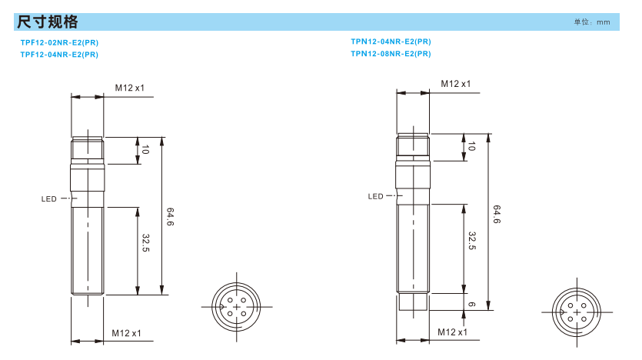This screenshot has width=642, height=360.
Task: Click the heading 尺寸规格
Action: click(x=47, y=22)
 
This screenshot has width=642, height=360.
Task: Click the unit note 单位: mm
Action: click(x=591, y=22)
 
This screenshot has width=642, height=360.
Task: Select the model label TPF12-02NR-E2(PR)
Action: click(x=59, y=42)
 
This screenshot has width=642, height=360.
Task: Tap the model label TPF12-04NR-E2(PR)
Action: click(x=59, y=55)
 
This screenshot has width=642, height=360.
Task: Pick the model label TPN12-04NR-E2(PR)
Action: click(x=391, y=42)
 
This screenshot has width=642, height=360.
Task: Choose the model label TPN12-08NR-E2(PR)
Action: click(x=391, y=54)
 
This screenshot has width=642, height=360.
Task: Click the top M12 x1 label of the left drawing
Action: click(x=129, y=88)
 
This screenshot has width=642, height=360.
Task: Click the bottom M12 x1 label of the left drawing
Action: click(x=126, y=333)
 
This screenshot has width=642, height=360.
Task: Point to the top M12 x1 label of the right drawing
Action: click(x=456, y=84)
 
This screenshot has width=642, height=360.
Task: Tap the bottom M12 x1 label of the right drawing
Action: click(x=452, y=332)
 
